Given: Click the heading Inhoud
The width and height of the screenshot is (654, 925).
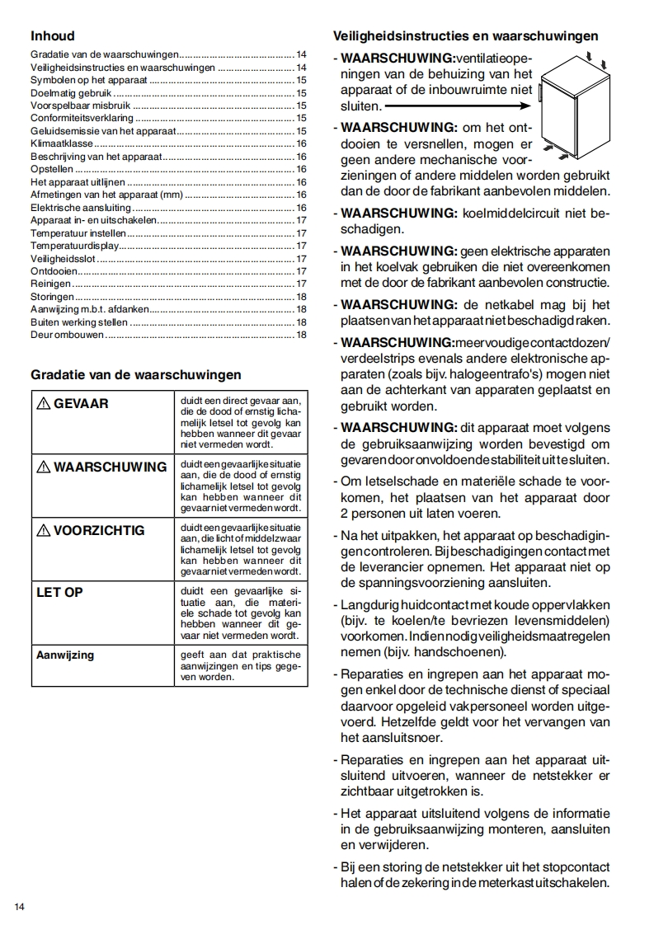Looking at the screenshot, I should pyautogui.click(x=53, y=36).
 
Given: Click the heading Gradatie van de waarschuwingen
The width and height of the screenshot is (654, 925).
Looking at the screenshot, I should pyautogui.click(x=136, y=374).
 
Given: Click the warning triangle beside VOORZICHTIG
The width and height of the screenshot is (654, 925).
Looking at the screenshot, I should pyautogui.click(x=43, y=530).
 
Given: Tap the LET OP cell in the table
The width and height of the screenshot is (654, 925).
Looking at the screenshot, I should pyautogui.click(x=60, y=592).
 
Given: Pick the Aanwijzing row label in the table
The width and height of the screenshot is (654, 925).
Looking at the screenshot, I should pyautogui.click(x=65, y=655).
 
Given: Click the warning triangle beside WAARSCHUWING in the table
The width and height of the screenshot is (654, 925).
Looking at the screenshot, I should pyautogui.click(x=43, y=467).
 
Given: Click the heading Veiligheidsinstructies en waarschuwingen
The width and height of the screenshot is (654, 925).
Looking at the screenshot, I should pyautogui.click(x=465, y=36).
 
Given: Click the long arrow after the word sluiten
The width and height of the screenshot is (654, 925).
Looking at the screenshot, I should pyautogui.click(x=457, y=106).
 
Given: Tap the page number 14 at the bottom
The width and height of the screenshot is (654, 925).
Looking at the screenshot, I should pyautogui.click(x=20, y=907).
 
